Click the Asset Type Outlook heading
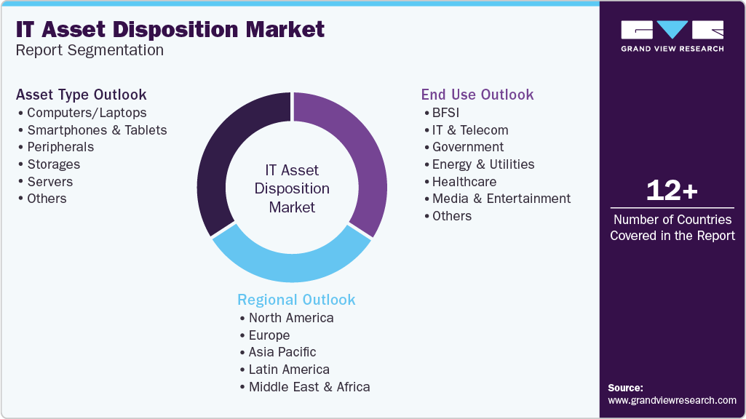[82, 95]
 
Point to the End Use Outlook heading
[477, 95]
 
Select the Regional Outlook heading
[296, 300]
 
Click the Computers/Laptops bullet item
[82, 113]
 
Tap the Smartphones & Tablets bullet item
[92, 129]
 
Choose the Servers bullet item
[46, 182]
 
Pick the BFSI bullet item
[442, 113]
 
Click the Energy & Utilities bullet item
[480, 164]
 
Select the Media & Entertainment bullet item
[498, 199]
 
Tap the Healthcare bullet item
[461, 182]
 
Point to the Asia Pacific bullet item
[278, 352]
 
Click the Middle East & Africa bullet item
[305, 387]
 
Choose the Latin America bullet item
[285, 370]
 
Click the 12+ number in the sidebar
[672, 191]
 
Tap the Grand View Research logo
[672, 36]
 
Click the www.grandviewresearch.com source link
[672, 401]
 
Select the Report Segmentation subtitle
[90, 50]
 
